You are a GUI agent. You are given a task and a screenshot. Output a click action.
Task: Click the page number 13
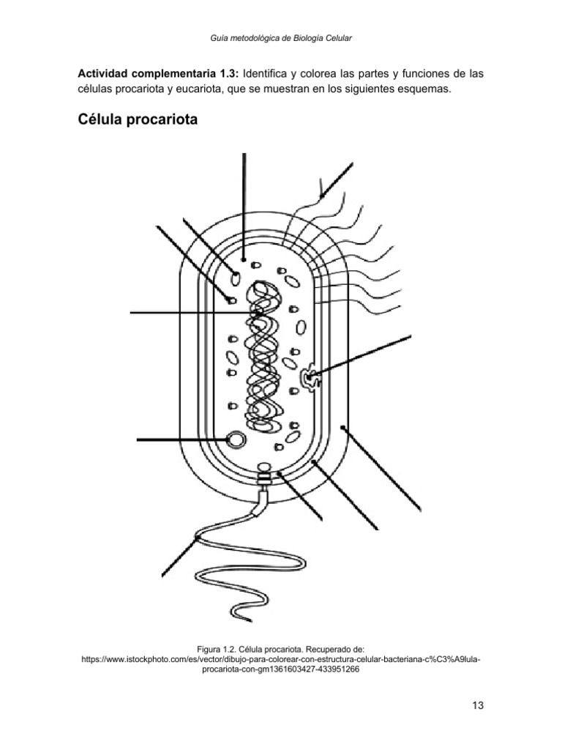point(479,705)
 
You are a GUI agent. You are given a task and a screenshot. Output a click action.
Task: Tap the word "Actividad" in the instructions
point(103,75)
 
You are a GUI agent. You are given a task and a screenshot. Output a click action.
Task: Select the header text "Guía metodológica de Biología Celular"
point(281,38)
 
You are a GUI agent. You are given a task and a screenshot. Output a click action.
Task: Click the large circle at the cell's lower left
point(236,439)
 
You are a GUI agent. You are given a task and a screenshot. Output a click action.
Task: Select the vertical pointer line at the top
point(243,205)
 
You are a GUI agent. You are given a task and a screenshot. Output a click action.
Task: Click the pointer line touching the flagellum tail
point(179,557)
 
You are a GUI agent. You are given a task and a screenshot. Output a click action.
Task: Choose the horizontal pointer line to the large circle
point(181,439)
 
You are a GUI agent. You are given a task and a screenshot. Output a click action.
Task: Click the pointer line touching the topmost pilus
point(337,179)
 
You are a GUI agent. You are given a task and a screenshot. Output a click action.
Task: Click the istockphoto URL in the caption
point(281,659)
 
